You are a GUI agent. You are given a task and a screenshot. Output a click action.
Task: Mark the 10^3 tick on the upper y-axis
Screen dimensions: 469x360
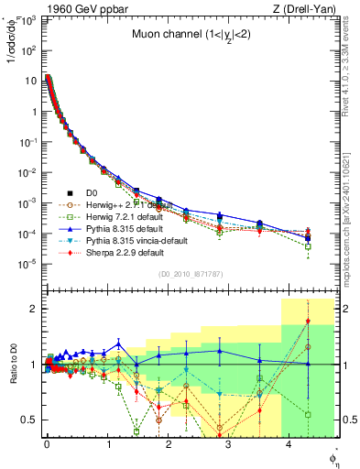(29, 20)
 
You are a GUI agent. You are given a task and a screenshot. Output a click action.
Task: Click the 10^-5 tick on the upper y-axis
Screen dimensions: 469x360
(29, 263)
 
